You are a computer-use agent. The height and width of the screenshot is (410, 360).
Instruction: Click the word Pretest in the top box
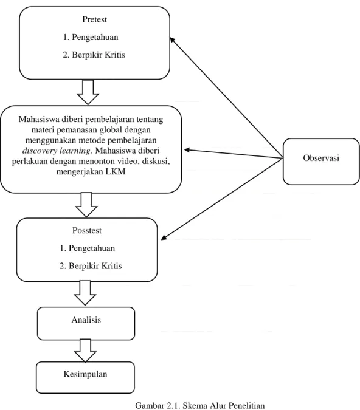94,19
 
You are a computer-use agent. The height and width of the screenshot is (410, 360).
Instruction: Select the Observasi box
321,162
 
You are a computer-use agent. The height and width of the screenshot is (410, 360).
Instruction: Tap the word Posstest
87,230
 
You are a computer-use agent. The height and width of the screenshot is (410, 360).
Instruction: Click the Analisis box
86,324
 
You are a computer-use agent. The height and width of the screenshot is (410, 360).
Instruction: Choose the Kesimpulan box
85,377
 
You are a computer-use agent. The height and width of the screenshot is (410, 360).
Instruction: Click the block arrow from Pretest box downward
88,92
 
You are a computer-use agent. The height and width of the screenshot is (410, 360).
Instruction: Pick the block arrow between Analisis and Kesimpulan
85,350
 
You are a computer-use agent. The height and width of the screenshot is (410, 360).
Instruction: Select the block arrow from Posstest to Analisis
85,293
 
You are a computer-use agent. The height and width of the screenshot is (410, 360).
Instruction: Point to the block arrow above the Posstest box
86,205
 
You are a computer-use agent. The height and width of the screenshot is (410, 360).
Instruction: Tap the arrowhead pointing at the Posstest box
164,237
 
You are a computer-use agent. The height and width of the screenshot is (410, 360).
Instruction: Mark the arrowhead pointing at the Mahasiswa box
187,150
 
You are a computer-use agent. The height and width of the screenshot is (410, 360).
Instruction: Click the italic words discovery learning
57,151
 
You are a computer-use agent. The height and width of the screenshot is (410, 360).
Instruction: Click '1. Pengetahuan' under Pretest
91,37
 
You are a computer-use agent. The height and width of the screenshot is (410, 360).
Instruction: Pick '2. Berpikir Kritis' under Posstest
91,266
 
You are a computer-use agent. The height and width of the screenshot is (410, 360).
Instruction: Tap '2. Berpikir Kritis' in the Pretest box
94,55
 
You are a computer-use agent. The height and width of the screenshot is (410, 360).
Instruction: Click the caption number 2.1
173,405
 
